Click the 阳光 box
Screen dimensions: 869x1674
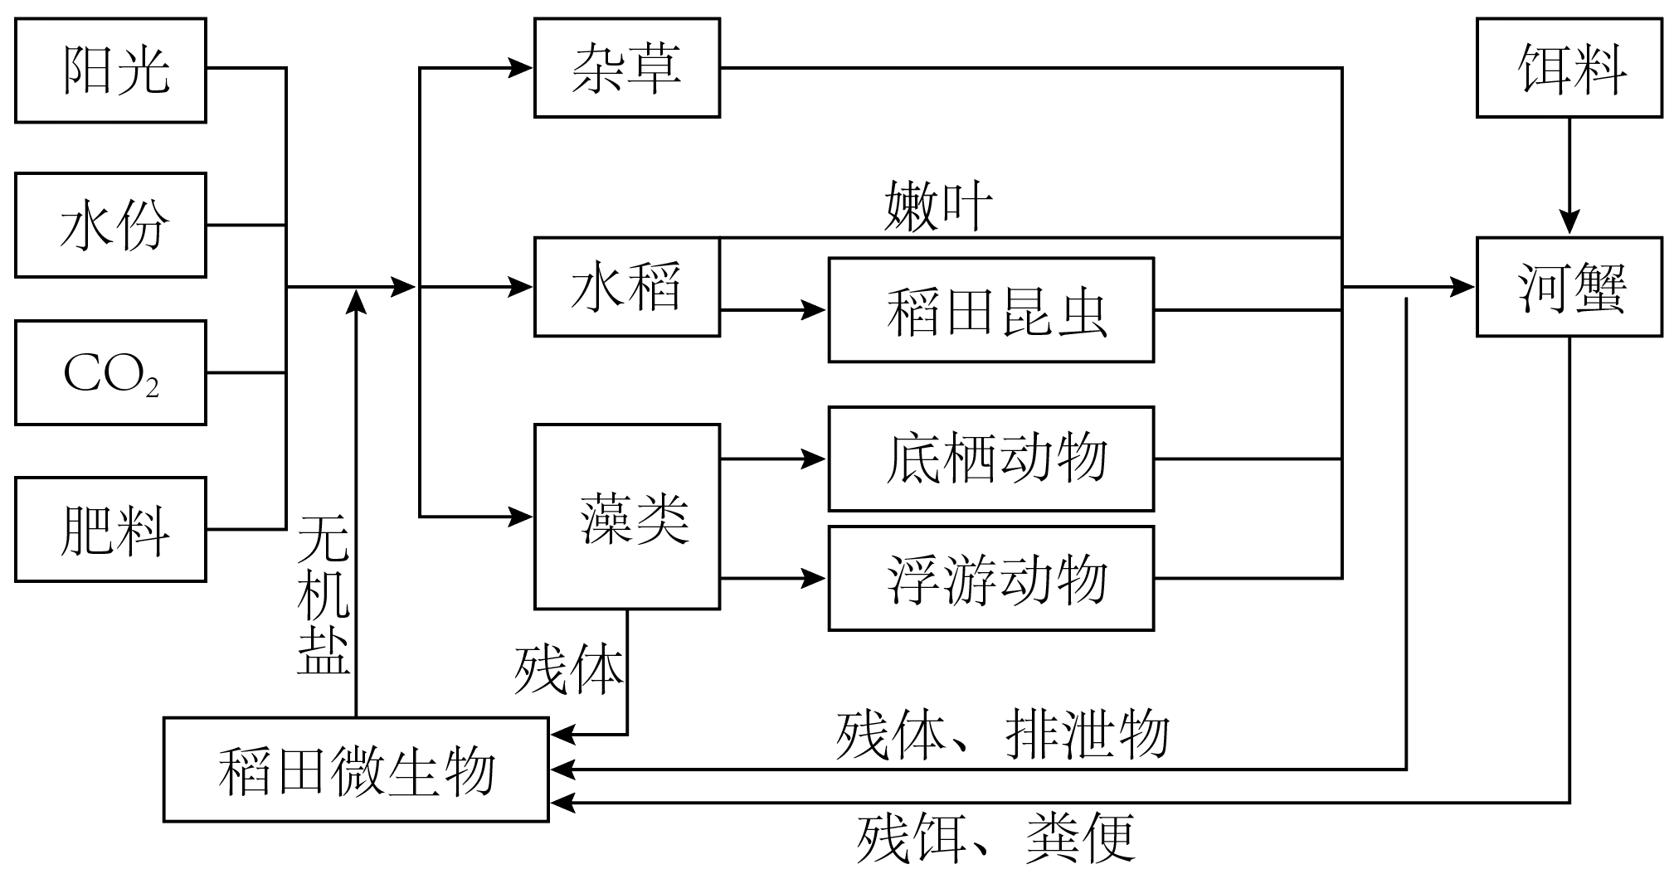click(x=110, y=70)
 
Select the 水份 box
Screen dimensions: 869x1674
click(x=110, y=225)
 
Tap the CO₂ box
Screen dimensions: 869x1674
click(x=110, y=373)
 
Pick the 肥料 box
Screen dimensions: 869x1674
click(x=110, y=529)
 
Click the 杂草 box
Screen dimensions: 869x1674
click(x=626, y=68)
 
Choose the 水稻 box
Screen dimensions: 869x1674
click(x=626, y=287)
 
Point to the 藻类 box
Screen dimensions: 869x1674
click(x=626, y=517)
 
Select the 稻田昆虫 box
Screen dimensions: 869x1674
click(x=990, y=310)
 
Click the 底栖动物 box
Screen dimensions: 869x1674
click(x=990, y=459)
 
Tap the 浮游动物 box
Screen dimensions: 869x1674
click(x=990, y=578)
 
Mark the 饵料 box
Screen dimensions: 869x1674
click(x=1569, y=68)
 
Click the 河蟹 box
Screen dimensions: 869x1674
click(x=1569, y=287)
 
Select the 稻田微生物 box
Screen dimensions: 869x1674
click(x=356, y=769)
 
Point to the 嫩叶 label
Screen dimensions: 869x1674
click(x=937, y=207)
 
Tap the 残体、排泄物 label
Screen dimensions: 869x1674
click(x=1002, y=735)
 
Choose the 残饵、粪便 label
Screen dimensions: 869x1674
click(x=995, y=837)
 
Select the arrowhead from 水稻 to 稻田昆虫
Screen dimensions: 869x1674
click(x=815, y=310)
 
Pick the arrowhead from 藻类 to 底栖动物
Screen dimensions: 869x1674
click(x=815, y=459)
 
